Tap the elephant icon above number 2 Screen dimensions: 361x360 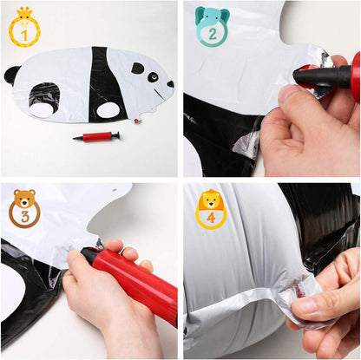tap(213, 17)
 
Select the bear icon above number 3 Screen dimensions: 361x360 tap(24, 199)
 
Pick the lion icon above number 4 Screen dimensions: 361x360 tap(211, 200)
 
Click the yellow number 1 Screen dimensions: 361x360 tap(24, 36)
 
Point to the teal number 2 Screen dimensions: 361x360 tap(213, 35)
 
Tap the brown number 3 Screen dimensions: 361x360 tap(25, 217)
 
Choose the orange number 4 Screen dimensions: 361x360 tap(211, 218)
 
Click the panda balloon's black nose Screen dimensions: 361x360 tap(170, 84)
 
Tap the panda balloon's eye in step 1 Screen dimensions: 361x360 tap(153, 77)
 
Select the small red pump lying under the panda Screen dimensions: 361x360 tap(96, 136)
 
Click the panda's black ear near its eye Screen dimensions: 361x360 tap(138, 68)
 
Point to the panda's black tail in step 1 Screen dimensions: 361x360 tap(11, 75)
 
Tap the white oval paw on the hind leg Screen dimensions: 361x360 tap(43, 110)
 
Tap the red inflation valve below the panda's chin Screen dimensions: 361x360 tap(136, 121)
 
